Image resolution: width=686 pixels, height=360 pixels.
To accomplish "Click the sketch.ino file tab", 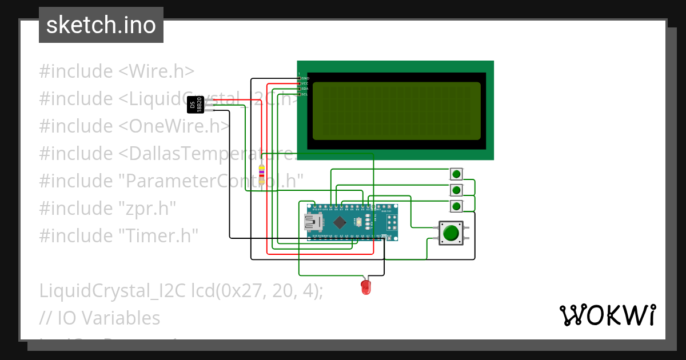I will coord(101,25).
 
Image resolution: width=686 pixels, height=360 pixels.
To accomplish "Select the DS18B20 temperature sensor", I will coord(196,105).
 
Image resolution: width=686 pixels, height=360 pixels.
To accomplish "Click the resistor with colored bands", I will coord(262,173).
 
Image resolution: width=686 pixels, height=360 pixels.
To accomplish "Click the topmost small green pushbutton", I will coord(456,174).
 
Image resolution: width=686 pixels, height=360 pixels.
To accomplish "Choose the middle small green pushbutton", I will coord(456,190).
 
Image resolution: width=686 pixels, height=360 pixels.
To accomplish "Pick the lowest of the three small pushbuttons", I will coord(456,206).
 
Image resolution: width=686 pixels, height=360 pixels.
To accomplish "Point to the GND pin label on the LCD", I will coord(305,78).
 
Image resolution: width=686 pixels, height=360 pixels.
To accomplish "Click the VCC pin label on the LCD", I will coord(305,83).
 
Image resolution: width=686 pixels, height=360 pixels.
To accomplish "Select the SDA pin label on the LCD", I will coord(305,89).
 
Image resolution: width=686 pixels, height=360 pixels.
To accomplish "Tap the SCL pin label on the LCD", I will coord(305,94).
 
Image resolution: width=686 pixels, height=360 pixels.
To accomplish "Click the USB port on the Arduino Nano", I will coord(312,221).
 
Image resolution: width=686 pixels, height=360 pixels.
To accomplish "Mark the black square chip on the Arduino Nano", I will coord(340,222).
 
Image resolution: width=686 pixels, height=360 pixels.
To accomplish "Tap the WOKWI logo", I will coord(607,315).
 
